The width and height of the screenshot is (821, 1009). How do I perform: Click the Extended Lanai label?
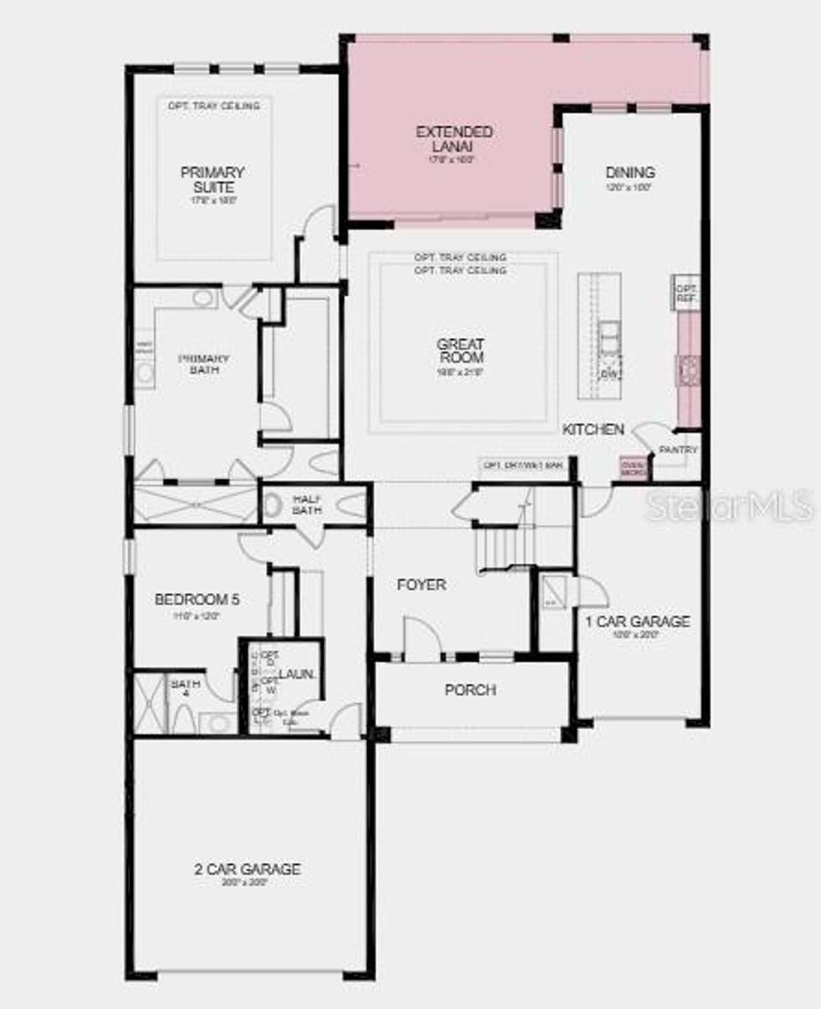(x=455, y=139)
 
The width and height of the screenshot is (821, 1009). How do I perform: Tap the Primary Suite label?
(x=212, y=180)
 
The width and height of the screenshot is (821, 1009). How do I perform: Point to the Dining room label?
(x=630, y=172)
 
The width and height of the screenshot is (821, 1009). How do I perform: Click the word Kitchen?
(x=593, y=430)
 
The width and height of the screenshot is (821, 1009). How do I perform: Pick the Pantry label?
(x=678, y=450)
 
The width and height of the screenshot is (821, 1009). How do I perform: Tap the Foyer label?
(x=422, y=585)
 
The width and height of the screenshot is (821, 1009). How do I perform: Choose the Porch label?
(x=471, y=690)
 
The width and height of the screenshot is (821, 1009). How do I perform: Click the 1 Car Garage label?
(x=637, y=622)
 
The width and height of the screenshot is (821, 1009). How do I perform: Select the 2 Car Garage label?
(x=248, y=870)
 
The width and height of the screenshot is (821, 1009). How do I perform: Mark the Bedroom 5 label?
(x=197, y=599)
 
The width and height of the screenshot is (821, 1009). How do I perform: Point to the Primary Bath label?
(x=204, y=364)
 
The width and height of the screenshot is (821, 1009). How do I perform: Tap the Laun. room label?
(x=297, y=675)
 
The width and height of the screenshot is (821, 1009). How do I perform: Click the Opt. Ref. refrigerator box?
(x=686, y=293)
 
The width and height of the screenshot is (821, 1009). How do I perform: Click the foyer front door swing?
(x=420, y=638)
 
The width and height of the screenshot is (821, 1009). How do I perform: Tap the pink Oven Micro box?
(x=633, y=467)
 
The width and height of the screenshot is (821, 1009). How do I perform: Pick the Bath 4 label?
(x=185, y=688)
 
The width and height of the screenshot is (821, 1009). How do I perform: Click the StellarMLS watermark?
(x=730, y=506)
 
